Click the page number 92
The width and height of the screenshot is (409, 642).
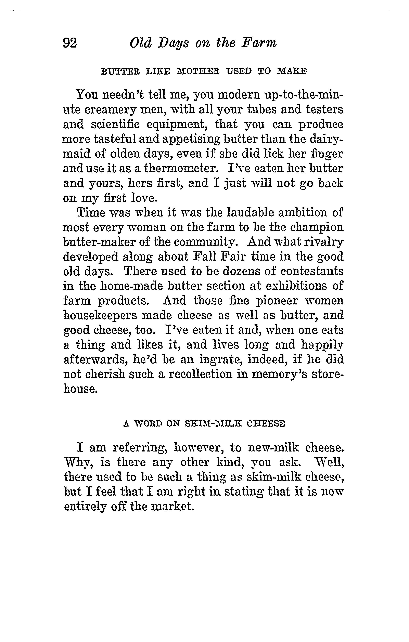(70, 43)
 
